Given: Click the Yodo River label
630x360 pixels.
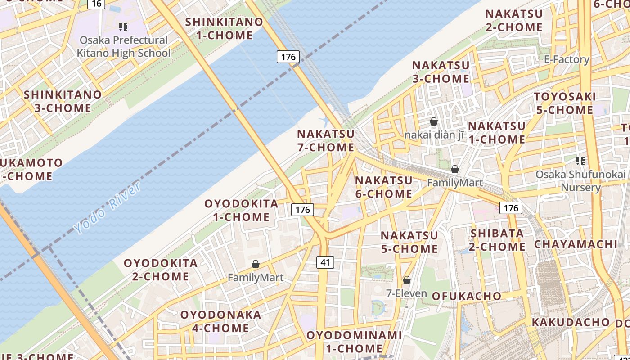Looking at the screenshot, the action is click(x=108, y=207).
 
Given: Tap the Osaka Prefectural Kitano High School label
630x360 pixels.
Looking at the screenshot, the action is click(x=123, y=46).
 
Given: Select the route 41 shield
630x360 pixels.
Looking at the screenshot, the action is click(x=325, y=262).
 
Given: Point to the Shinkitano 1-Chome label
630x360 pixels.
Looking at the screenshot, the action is click(x=224, y=28).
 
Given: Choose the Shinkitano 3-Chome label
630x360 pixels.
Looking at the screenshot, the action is click(x=63, y=101).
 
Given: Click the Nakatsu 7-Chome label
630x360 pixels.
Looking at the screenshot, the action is click(x=326, y=140).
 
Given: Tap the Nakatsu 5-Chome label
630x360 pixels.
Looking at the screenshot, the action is click(x=409, y=242).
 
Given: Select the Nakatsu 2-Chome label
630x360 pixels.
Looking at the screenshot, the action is click(x=514, y=20).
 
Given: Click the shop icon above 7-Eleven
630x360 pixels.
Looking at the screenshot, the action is click(x=407, y=280).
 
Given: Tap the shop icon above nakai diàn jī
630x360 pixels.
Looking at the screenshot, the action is click(x=434, y=121).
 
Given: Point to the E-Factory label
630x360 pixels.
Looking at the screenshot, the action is click(x=567, y=59).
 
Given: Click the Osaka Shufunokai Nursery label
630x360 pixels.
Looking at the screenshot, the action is click(x=580, y=180).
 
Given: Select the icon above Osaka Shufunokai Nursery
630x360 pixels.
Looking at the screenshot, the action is click(x=580, y=161).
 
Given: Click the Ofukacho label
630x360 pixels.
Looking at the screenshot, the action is click(x=467, y=296).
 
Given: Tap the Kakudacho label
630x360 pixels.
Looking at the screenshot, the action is click(x=571, y=322).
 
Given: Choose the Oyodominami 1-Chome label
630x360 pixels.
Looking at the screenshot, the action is click(x=354, y=342).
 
